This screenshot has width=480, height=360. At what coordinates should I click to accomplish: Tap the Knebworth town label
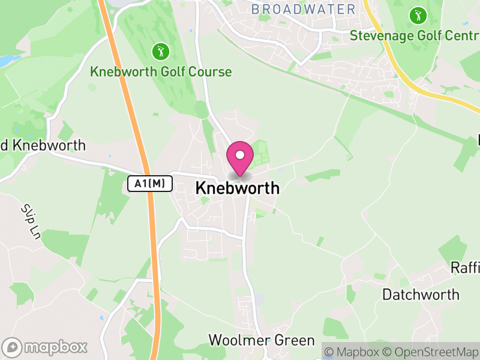point(237,188)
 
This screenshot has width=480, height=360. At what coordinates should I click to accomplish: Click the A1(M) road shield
point(150,184)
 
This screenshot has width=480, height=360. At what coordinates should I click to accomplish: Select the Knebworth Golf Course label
point(161,72)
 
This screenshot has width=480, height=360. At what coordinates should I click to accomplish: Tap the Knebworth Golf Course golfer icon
point(161,52)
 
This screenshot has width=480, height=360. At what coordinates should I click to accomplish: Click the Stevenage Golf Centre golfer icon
point(416,14)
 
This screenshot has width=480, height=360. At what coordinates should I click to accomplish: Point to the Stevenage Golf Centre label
point(414,35)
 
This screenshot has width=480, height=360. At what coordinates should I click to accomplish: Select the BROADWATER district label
point(303,9)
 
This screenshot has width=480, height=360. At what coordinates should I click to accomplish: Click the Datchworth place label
point(421,295)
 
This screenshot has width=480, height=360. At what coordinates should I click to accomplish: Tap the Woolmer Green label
point(261,340)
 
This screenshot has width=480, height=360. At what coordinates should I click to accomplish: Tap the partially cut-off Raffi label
point(465,268)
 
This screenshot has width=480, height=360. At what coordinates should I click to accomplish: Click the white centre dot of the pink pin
point(240,155)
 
